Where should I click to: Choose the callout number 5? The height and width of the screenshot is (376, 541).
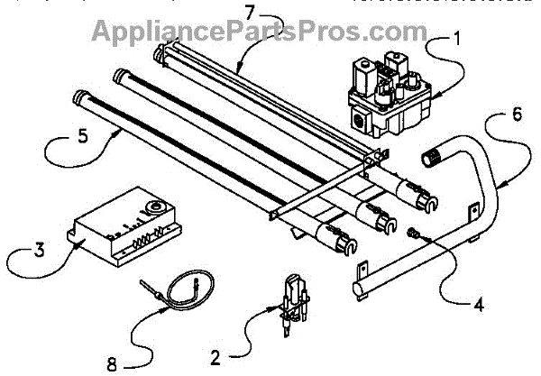click(57, 140)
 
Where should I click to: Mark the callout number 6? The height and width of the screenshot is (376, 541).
click(516, 116)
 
